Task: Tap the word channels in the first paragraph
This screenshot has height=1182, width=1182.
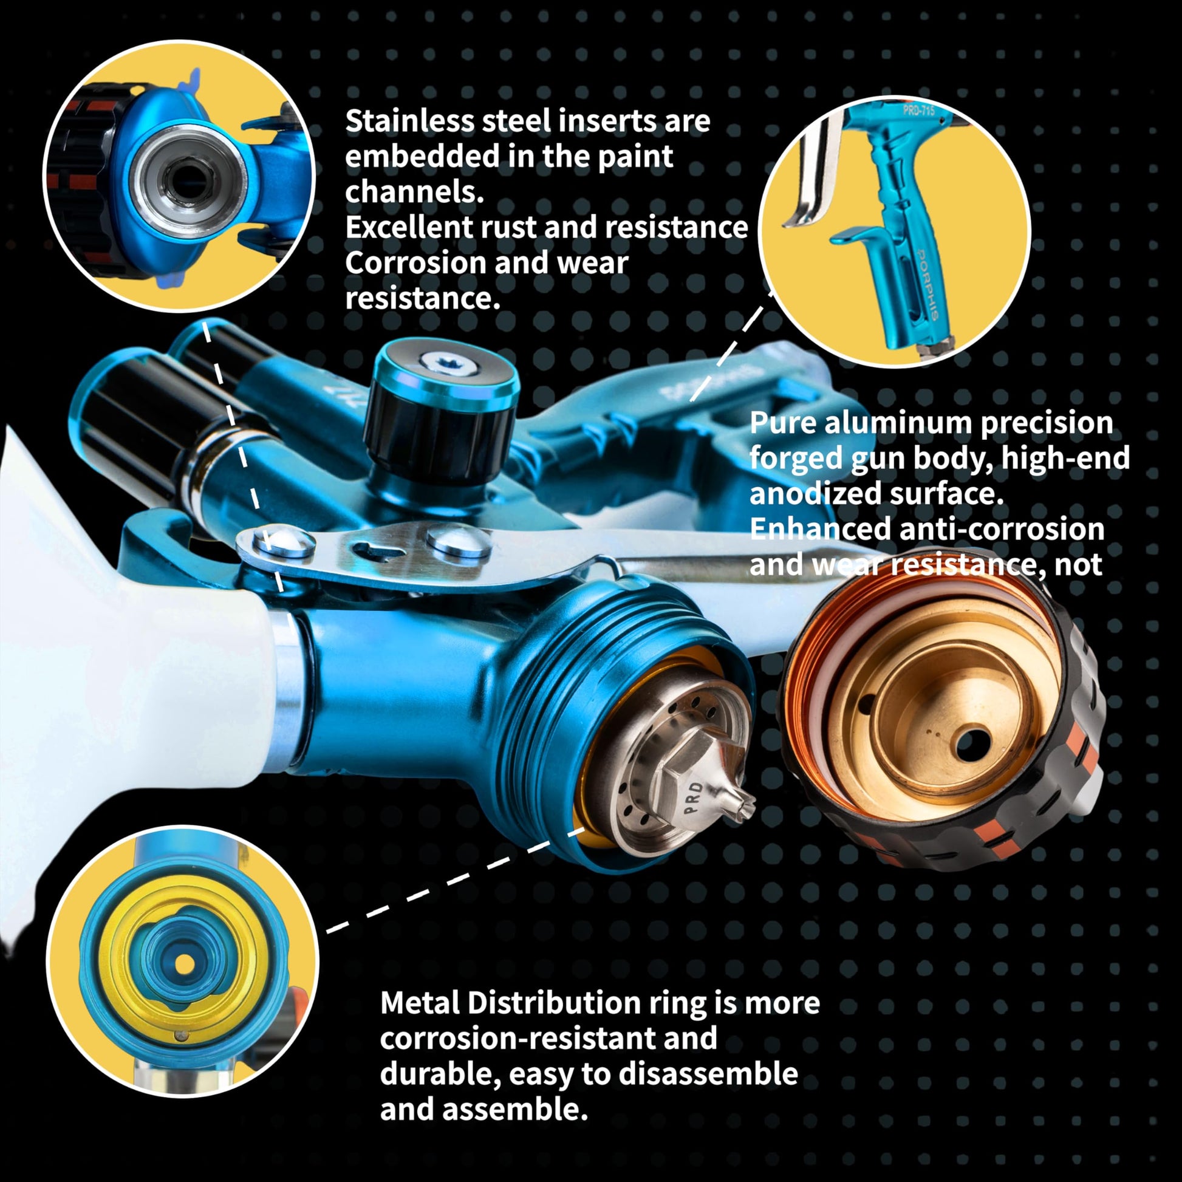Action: coord(414,192)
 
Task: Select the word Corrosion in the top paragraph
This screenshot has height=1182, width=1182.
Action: coord(415,263)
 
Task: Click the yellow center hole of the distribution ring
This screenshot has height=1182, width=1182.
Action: coord(184,964)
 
